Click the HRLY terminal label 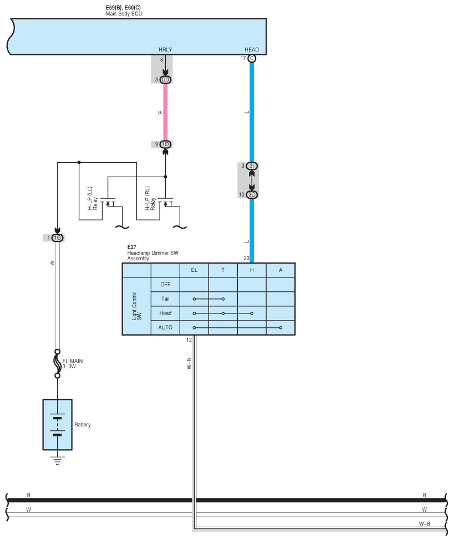click(x=165, y=50)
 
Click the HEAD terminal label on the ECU click(x=251, y=50)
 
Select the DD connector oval click(x=166, y=80)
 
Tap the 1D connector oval click(x=166, y=145)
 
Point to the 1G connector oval click(x=58, y=238)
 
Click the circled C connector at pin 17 click(x=252, y=58)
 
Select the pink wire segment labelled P click(x=165, y=112)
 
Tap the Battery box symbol click(x=57, y=424)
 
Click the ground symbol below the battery click(x=57, y=458)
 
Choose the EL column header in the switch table click(x=194, y=270)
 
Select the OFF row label click(x=165, y=284)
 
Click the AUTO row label click(x=165, y=327)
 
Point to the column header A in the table click(x=281, y=270)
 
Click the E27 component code click(x=131, y=248)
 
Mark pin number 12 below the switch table click(x=189, y=339)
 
